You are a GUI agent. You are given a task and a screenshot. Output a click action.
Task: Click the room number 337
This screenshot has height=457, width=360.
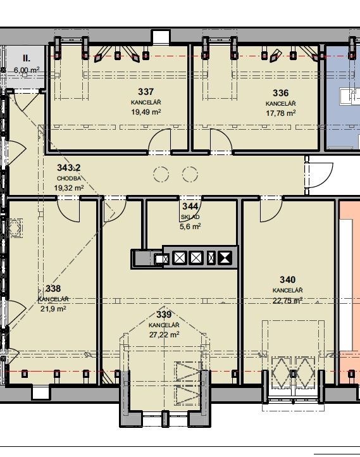pos(146,92)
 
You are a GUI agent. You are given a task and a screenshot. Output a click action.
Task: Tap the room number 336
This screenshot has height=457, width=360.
pos(280,93)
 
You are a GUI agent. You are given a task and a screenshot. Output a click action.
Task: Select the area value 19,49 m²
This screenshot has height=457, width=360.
pos(146,112)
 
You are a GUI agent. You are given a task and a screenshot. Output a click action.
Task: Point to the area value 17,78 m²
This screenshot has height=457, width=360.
pos(281,113)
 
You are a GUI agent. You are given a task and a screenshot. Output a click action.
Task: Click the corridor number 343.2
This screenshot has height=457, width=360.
pos(69,168)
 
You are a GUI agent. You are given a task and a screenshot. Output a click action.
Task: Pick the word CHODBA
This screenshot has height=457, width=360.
pos(69,178)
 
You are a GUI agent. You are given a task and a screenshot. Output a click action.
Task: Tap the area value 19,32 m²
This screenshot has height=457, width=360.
pos(69,188)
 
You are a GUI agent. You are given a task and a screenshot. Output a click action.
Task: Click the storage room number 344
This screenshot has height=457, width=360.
pos(190,206)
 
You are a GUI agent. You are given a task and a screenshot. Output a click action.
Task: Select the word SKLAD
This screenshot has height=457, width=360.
pos(190,217)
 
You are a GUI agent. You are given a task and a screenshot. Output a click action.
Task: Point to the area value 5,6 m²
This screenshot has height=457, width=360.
pos(190,227)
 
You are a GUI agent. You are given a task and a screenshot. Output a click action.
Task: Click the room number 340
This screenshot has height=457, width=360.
pos(287,280)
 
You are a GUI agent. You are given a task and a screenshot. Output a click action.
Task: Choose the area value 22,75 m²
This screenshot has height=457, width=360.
pos(287,300)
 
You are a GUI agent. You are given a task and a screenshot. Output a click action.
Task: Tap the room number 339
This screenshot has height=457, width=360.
pos(164,315)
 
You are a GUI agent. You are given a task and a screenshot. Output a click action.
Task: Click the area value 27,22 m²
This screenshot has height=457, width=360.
pos(164,335)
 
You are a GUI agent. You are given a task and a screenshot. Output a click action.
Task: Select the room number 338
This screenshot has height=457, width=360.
pos(53,289)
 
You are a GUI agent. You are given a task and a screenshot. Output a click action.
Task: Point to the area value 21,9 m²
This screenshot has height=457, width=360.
pos(53,309)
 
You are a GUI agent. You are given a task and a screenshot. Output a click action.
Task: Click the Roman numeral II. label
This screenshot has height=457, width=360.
pos(26,58)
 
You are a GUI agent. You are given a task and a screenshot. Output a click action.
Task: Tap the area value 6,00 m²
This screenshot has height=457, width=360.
pos(27,70)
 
